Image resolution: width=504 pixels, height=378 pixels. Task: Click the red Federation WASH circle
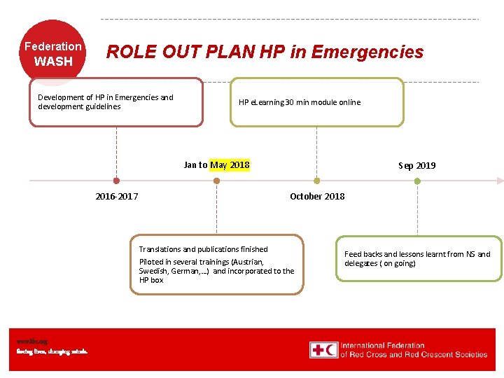click(53, 53)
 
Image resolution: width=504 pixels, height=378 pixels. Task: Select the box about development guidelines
click(116, 102)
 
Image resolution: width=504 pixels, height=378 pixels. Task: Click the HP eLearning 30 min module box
click(316, 102)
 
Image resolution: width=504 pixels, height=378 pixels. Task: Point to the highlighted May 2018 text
click(230, 165)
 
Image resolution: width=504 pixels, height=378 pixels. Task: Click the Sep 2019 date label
click(416, 166)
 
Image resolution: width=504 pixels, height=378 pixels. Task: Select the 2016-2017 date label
click(116, 196)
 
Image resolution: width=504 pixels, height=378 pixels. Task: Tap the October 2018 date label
click(317, 196)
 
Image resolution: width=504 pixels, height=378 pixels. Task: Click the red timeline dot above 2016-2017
click(116, 181)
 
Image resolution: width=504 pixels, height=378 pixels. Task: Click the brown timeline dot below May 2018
click(216, 181)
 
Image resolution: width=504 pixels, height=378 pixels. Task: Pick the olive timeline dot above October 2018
click(316, 181)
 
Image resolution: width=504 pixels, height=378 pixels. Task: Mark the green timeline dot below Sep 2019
click(417, 181)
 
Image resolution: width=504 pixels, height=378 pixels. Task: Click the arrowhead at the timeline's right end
click(499, 181)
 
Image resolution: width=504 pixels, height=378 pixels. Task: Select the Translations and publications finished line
click(203, 249)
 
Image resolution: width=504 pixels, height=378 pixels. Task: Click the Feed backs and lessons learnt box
click(418, 259)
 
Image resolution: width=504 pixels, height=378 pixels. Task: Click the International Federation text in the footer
click(382, 345)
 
